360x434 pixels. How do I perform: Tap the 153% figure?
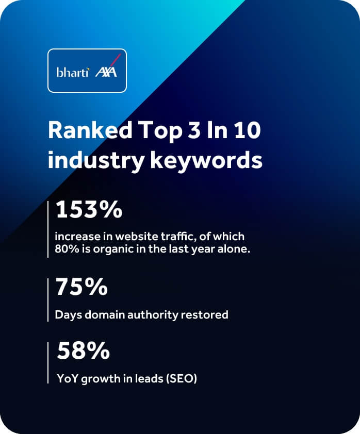(x=89, y=210)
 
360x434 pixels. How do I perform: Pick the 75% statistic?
(x=81, y=287)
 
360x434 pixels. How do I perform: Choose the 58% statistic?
(x=83, y=351)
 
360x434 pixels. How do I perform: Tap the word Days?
(x=67, y=314)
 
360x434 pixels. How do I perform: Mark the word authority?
(x=157, y=314)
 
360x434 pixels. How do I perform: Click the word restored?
(x=206, y=314)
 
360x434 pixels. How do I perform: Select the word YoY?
(x=67, y=379)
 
